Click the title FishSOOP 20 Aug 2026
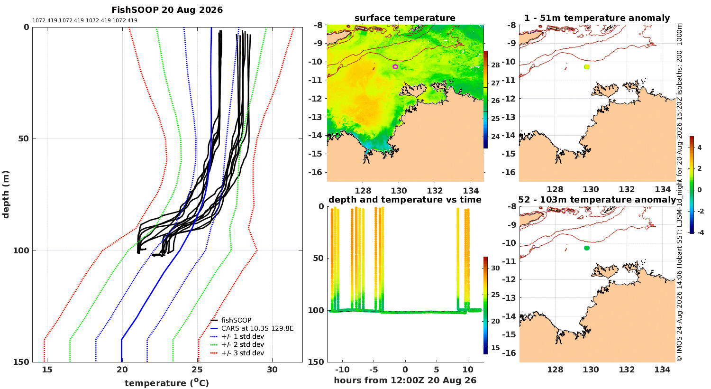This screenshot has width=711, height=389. (x=167, y=10)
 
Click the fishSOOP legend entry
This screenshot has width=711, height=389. (x=231, y=320)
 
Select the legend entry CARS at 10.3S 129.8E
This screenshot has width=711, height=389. (x=252, y=328)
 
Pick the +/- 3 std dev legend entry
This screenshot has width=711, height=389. (x=237, y=353)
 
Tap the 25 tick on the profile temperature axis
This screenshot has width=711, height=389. (x=197, y=370)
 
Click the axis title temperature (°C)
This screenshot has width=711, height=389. (x=167, y=383)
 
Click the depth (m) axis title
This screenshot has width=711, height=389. (x=6, y=194)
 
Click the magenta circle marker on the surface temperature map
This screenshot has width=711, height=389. (x=395, y=67)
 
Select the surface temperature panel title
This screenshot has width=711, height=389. (x=405, y=18)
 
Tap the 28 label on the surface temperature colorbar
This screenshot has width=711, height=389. (x=495, y=65)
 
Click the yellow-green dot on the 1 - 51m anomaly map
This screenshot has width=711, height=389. (x=587, y=67)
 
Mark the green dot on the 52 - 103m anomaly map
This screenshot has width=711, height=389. (x=587, y=248)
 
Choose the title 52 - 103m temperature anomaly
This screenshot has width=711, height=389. (x=597, y=200)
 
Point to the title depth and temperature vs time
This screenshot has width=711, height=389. (x=405, y=200)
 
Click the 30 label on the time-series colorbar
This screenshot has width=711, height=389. (x=495, y=268)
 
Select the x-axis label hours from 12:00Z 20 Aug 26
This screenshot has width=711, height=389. (x=405, y=380)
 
